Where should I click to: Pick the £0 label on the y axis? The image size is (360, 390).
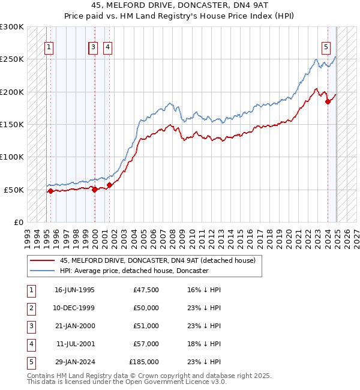19,222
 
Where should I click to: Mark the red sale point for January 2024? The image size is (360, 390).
328,101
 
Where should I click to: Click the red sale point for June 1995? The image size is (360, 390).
50,191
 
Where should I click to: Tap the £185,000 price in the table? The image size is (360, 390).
144,362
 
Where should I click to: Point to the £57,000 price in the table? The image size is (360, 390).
146,344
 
